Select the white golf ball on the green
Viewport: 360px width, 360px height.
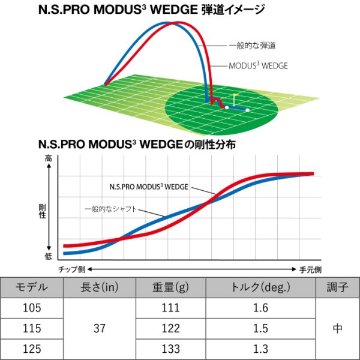247,110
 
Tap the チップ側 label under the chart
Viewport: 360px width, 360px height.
71,269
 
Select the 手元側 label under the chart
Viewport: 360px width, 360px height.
311,269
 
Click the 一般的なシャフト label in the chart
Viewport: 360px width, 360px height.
118,209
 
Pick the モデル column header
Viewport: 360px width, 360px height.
31,287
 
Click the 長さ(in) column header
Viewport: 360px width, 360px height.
99,287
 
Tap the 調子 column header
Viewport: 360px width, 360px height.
337,287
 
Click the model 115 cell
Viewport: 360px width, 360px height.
31,328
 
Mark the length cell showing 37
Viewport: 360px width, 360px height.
99,328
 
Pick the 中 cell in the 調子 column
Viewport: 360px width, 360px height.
337,328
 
